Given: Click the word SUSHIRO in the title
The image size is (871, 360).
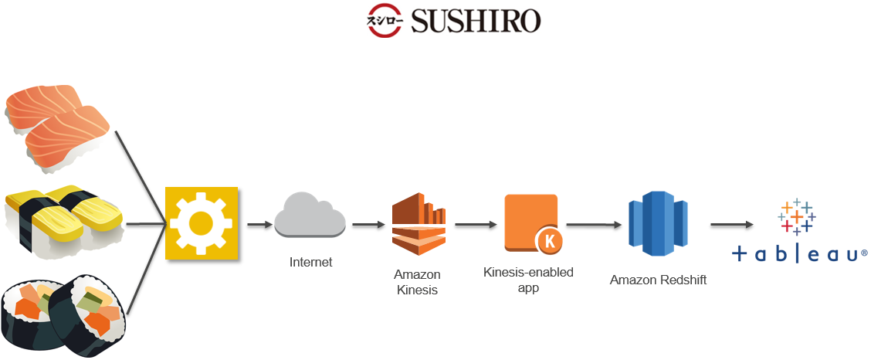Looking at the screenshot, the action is click(476, 22).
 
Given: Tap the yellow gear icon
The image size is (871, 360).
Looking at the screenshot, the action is click(202, 224).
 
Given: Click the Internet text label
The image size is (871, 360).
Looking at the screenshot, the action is click(310, 262).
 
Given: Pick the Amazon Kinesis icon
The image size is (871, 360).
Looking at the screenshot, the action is click(419, 224).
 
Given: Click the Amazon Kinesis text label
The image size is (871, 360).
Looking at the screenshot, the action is click(417, 282).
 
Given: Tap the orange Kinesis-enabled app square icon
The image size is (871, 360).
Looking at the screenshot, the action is click(531, 222).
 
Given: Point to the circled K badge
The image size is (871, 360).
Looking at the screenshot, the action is click(549, 242).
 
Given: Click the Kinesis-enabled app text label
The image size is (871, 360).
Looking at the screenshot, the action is click(528, 280).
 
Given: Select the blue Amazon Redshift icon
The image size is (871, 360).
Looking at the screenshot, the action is click(658, 223).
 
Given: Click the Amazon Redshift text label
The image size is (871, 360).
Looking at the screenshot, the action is click(658, 280).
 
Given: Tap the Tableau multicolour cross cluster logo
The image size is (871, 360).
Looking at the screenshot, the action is click(797, 216).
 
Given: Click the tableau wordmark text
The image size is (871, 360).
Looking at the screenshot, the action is click(799, 254).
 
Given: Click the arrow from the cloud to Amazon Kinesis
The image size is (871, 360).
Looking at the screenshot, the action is click(368, 225).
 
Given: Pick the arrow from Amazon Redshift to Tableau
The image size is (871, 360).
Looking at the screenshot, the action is click(732, 225).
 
